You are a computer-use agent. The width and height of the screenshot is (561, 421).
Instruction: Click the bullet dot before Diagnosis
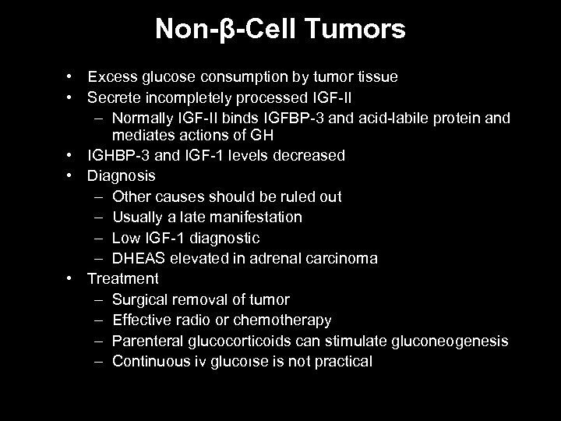[70, 176]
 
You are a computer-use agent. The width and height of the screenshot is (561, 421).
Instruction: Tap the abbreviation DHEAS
[136, 258]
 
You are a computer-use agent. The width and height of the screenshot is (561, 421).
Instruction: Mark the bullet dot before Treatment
[70, 278]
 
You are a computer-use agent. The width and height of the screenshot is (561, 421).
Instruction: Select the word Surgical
[139, 299]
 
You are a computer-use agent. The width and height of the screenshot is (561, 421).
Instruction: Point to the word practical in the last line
[344, 362]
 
